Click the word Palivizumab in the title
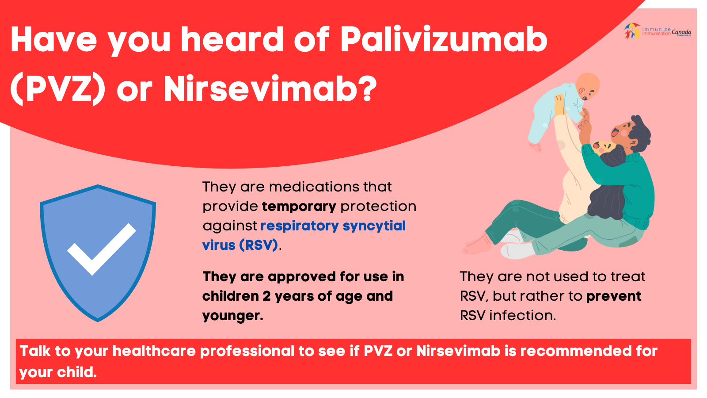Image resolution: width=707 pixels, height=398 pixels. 444,40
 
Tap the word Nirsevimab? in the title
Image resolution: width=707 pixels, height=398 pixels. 270,90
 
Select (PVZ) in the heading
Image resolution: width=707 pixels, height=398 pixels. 58,90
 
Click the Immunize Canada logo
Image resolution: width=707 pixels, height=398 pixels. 658,31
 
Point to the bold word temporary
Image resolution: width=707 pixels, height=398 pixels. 299,207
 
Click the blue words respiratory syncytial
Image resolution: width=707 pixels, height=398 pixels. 333,226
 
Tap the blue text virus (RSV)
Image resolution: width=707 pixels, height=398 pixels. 240,245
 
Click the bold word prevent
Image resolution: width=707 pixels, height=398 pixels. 613,296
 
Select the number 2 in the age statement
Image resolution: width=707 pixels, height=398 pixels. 266,296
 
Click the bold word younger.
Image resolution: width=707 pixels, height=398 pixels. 232,316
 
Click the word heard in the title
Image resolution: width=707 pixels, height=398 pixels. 232,40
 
